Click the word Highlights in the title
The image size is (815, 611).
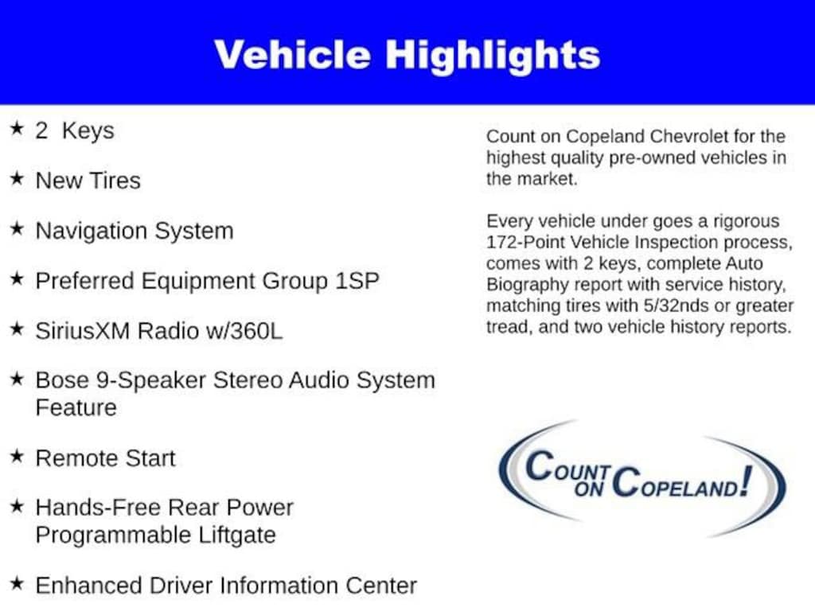[492, 56]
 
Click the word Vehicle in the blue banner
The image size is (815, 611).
[292, 55]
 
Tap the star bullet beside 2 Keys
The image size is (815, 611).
[18, 128]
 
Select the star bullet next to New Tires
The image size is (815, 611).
[18, 178]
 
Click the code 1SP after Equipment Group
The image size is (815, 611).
[357, 281]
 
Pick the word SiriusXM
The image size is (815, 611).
[82, 331]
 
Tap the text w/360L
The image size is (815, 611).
[244, 331]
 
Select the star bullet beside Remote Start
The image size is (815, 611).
[18, 456]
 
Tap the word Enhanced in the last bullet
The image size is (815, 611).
[89, 586]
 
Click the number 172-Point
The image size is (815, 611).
[525, 243]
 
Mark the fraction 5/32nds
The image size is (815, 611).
[676, 306]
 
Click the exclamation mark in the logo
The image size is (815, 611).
[747, 481]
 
